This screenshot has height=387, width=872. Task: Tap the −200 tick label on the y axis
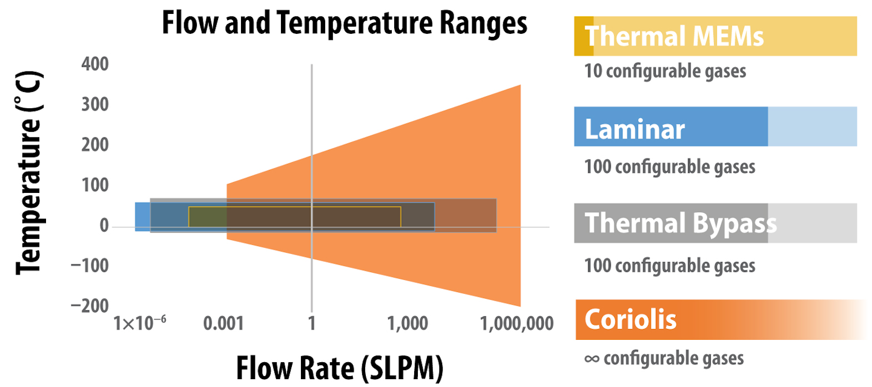89,307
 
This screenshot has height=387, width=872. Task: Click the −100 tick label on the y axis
89,266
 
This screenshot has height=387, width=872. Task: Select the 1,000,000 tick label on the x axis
517,324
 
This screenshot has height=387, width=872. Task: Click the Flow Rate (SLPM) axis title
339,368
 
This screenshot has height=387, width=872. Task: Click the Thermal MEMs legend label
674,36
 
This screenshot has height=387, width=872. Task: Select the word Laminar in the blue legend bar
635,129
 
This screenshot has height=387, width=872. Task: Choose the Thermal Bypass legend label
681,223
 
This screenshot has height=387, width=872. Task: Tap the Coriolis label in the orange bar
630,319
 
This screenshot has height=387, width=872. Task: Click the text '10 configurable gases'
665,71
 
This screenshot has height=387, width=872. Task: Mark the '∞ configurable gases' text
664,358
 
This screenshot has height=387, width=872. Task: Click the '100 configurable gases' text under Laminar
670,166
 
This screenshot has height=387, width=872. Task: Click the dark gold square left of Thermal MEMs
584,36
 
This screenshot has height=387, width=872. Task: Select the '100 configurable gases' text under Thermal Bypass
670,265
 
